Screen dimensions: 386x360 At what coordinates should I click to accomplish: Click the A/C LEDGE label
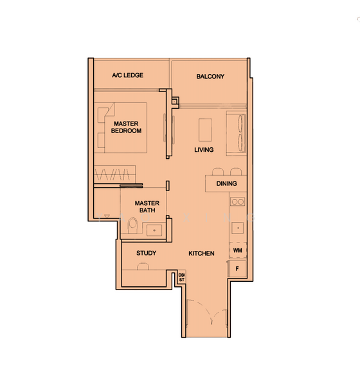(x=127, y=75)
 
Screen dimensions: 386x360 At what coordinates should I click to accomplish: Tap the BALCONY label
(x=210, y=77)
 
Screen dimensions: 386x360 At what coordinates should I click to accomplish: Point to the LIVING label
(x=204, y=150)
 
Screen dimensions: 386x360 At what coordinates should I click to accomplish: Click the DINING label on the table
(x=226, y=183)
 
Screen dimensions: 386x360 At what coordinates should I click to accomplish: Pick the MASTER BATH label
(x=147, y=207)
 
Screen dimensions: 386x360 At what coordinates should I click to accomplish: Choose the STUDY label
(x=146, y=253)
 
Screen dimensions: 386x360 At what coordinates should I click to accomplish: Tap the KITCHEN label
(x=201, y=253)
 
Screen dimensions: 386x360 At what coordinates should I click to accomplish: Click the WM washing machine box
(x=238, y=250)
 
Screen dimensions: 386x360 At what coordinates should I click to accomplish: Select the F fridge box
(x=238, y=268)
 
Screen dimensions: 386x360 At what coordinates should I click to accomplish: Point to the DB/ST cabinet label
(x=181, y=278)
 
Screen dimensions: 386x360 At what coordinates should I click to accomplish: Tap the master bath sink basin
(x=154, y=230)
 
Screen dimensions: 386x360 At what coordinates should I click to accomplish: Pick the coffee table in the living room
(x=206, y=129)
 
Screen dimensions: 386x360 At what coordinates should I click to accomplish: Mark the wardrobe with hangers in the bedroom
(x=116, y=174)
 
